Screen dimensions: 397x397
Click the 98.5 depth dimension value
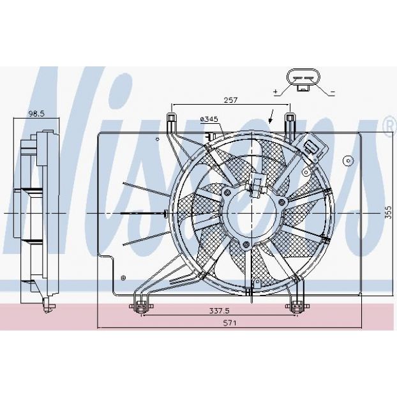pos(36,114)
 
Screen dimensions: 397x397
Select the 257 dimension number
pos(230,100)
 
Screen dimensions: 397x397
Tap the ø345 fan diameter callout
pos(209,119)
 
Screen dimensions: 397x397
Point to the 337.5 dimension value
pos(220,310)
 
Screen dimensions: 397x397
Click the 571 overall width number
pos(230,323)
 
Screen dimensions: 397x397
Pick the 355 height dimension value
pos(388,212)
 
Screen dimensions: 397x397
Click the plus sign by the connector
pos(276,92)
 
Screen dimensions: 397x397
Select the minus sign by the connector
pos(333,92)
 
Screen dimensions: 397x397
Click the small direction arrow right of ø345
pos(271,116)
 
